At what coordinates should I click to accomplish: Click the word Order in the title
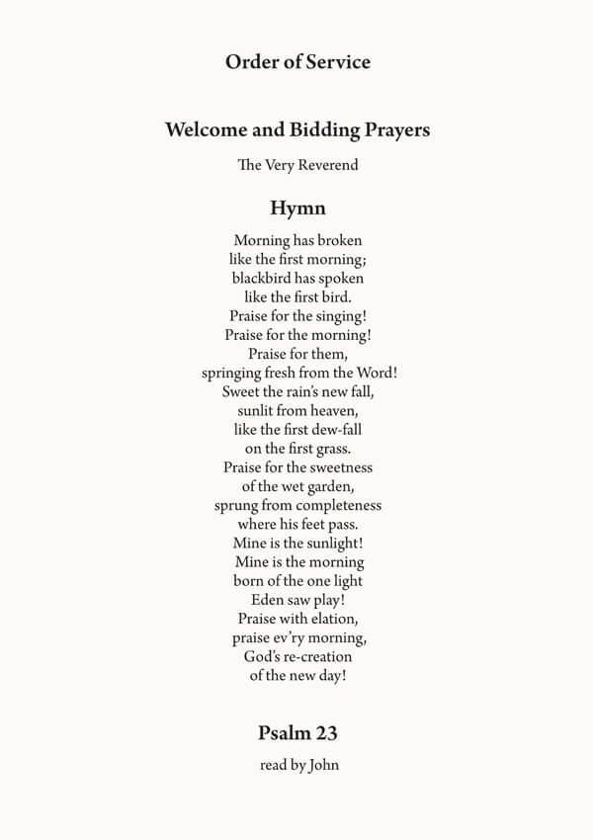(x=250, y=62)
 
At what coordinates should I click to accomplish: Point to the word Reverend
(x=327, y=165)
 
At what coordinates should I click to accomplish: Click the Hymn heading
(x=297, y=209)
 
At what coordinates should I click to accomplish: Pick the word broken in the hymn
(x=340, y=240)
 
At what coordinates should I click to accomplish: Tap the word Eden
(x=268, y=600)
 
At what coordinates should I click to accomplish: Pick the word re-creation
(x=314, y=656)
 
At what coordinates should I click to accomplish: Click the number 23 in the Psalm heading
(x=325, y=733)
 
